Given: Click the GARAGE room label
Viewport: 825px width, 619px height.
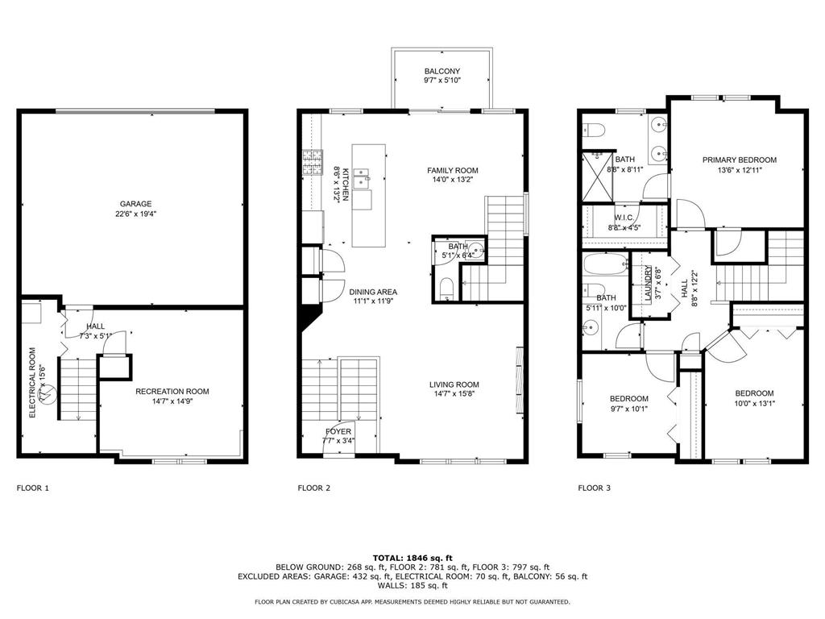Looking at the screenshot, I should tap(136, 204).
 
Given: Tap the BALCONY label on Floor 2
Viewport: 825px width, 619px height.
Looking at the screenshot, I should tap(442, 71).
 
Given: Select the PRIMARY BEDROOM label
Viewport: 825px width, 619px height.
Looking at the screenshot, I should tap(739, 160).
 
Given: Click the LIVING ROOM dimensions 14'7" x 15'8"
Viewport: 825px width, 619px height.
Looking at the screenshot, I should tap(454, 395).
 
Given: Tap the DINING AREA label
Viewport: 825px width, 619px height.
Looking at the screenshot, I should tap(373, 292).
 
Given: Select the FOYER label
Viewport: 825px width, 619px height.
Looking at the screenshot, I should tap(338, 431).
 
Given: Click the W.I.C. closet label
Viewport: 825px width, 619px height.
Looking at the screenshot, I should tap(624, 218).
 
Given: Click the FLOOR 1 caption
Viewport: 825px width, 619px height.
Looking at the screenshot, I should tap(33, 488).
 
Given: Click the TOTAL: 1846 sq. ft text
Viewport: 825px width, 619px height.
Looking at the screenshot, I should tap(412, 558).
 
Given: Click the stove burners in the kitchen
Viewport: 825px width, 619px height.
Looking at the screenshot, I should tap(311, 163).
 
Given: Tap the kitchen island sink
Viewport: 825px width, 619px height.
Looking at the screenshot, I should tap(360, 177).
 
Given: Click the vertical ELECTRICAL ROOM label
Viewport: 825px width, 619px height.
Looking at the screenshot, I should tap(32, 382).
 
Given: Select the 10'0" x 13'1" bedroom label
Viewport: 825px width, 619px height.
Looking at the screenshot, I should tap(754, 393).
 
